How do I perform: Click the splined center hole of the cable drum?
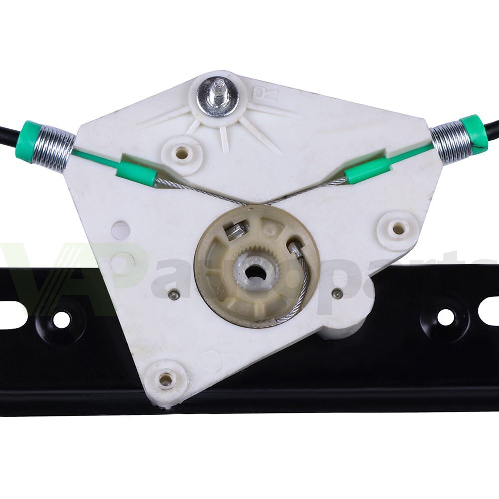pyautogui.click(x=255, y=272)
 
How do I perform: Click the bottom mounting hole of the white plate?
pyautogui.click(x=167, y=380)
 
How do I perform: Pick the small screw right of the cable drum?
pyautogui.click(x=338, y=294)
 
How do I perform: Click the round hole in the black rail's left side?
pyautogui.click(x=62, y=320)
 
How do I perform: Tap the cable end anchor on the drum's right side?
pyautogui.click(x=295, y=248)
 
